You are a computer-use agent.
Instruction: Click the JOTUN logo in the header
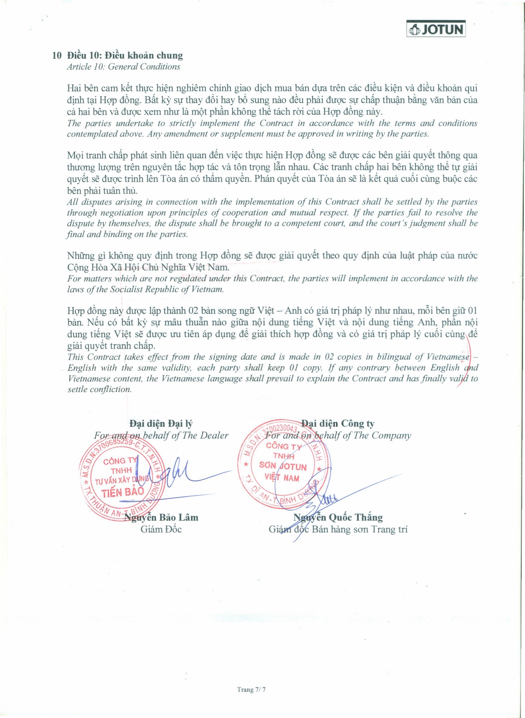pyautogui.click(x=436, y=29)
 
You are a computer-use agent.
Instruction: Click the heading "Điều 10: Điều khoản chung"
pyautogui.click(x=125, y=55)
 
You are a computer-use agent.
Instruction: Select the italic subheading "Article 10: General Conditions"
pyautogui.click(x=123, y=67)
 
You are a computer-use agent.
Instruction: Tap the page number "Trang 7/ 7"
pyautogui.click(x=251, y=689)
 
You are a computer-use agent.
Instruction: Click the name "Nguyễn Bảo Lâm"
pyautogui.click(x=161, y=517)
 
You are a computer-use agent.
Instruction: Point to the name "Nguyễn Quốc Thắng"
pyautogui.click(x=338, y=517)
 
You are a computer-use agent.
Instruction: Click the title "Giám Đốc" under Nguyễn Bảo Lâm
pyautogui.click(x=161, y=529)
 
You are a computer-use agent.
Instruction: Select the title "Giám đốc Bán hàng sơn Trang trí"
pyautogui.click(x=338, y=529)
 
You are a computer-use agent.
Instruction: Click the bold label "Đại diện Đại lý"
pyautogui.click(x=161, y=424)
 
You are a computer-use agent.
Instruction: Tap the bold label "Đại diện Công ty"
pyautogui.click(x=338, y=424)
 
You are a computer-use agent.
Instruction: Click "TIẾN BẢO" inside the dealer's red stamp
pyautogui.click(x=122, y=492)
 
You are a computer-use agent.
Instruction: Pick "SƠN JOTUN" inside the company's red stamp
pyautogui.click(x=283, y=466)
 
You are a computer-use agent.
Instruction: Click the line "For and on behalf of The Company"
pyautogui.click(x=338, y=435)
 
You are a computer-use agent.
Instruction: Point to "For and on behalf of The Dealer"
pyautogui.click(x=161, y=435)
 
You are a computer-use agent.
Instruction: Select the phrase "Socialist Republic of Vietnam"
pyautogui.click(x=167, y=289)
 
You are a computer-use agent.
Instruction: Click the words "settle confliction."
pyautogui.click(x=100, y=389)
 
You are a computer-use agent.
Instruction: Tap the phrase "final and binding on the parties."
pyautogui.click(x=127, y=234)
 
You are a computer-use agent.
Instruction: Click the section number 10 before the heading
pyautogui.click(x=57, y=55)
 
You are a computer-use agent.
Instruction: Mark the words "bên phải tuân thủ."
pyautogui.click(x=102, y=190)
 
